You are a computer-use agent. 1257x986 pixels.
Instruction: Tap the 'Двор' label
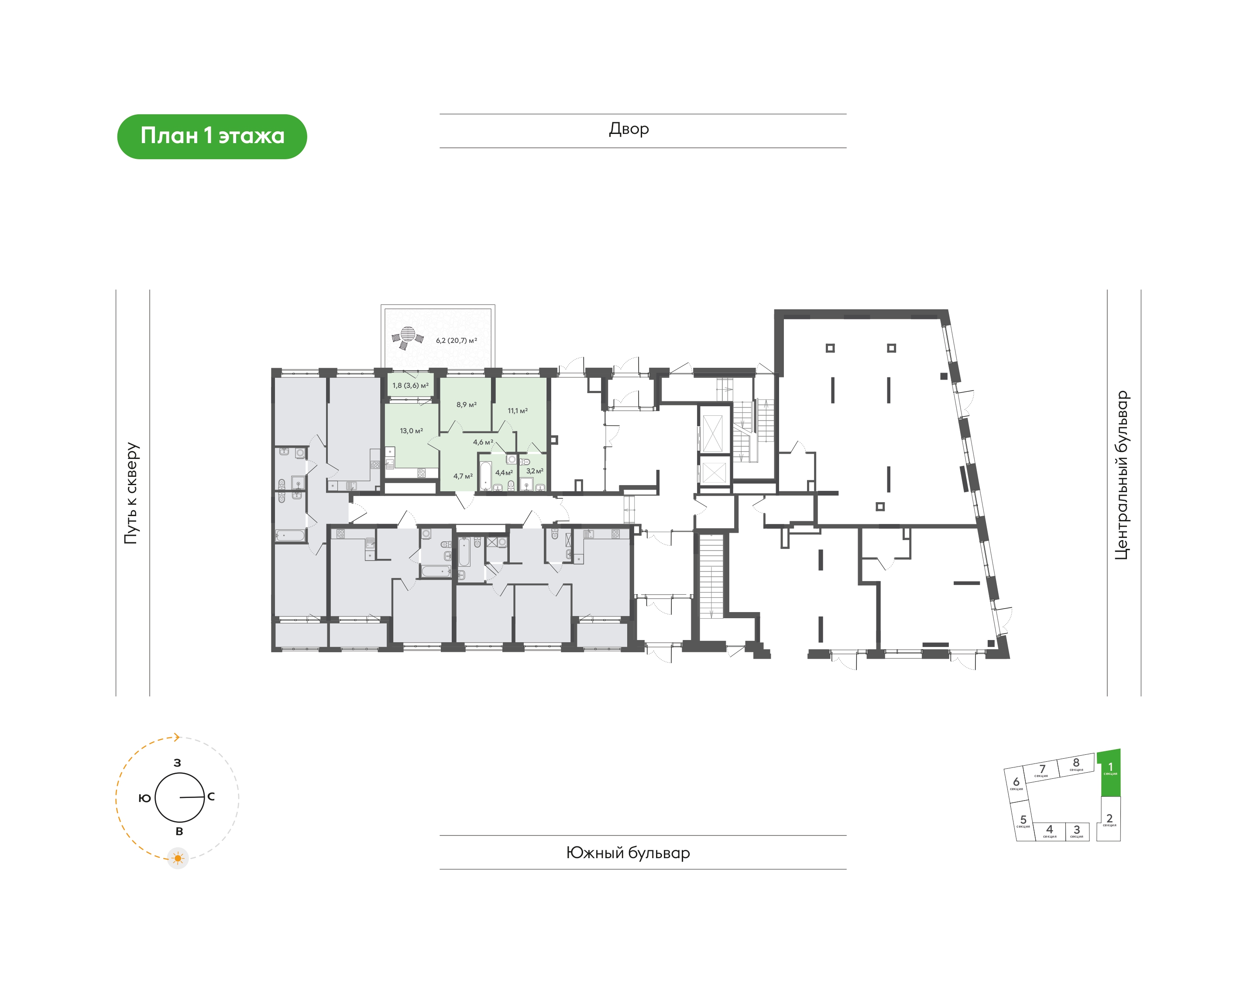pyautogui.click(x=629, y=129)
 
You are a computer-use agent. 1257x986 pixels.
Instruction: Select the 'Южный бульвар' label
pyautogui.click(x=628, y=852)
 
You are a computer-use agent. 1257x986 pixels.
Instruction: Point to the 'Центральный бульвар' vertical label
pyautogui.click(x=1121, y=475)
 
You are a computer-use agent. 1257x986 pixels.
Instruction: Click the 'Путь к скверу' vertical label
pyautogui.click(x=132, y=493)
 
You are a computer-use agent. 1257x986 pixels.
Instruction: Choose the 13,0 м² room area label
pyautogui.click(x=411, y=431)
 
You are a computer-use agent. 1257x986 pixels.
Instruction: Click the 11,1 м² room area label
pyautogui.click(x=517, y=411)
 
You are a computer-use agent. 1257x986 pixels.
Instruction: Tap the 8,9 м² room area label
pyautogui.click(x=467, y=405)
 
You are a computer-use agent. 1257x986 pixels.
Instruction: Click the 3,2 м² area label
pyautogui.click(x=535, y=471)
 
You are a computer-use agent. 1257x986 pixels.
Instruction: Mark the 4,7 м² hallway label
pyautogui.click(x=463, y=476)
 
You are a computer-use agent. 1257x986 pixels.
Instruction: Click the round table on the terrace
pyautogui.click(x=408, y=335)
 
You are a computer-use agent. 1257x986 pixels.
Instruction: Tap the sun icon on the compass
pyautogui.click(x=178, y=859)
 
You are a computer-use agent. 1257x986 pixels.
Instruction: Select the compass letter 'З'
pyautogui.click(x=177, y=763)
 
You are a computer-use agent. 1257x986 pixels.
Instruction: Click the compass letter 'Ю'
pyautogui.click(x=145, y=798)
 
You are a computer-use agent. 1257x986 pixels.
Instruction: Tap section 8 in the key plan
pyautogui.click(x=1076, y=764)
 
